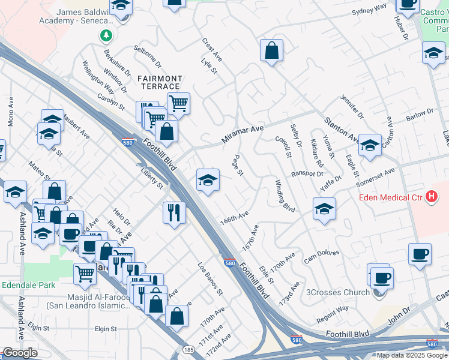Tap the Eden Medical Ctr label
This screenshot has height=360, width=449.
[x=390, y=197]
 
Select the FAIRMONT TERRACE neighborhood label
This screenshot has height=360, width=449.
[x=160, y=82]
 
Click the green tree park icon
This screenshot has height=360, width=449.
[x=106, y=35]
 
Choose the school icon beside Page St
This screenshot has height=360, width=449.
[x=208, y=179]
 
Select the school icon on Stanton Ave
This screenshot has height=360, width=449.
[x=370, y=145]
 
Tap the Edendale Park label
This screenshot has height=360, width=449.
[x=25, y=285]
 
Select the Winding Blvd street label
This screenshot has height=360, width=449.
[x=285, y=195]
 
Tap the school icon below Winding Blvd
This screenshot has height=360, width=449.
[x=324, y=209]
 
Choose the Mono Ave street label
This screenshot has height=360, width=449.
[x=10, y=112]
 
